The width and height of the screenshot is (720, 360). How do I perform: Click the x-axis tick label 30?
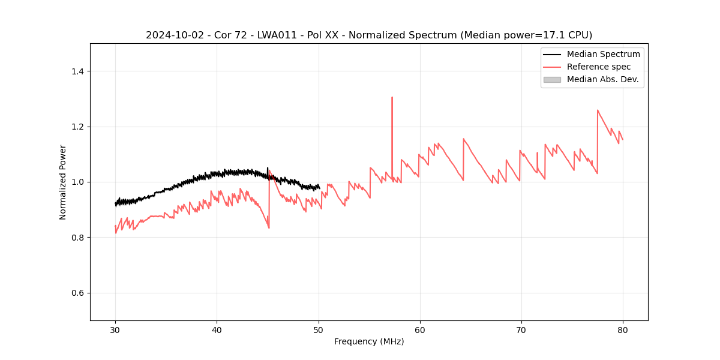115,329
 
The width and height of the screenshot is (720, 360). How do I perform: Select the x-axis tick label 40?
217,329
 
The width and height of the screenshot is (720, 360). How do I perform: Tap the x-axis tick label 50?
318,329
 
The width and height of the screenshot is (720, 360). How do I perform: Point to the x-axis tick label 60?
419,329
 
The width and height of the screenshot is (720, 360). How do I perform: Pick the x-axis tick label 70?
521,329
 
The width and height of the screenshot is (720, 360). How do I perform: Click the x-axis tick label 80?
622,329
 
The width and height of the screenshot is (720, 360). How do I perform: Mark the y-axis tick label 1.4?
77,71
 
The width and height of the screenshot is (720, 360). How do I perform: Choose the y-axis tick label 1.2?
77,127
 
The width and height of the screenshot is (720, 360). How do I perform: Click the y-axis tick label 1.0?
77,182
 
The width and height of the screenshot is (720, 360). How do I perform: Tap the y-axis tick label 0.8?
77,238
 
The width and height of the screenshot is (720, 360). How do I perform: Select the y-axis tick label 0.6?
77,293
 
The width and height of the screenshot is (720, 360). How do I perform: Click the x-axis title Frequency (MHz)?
369,341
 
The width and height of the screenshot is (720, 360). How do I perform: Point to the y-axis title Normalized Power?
63,182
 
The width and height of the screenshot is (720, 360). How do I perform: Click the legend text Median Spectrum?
603,54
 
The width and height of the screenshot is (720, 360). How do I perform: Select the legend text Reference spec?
599,67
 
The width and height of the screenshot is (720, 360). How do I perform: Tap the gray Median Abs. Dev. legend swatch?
552,79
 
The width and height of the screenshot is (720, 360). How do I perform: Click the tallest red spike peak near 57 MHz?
392,97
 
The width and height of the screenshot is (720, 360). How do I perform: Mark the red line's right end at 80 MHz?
622,140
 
